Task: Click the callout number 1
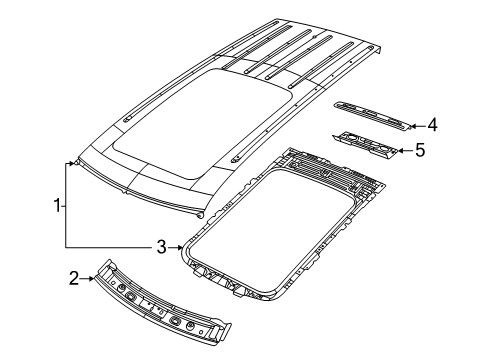(57, 206)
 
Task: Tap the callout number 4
(432, 126)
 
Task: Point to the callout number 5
(420, 152)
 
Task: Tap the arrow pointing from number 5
(404, 152)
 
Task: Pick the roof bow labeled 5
(370, 145)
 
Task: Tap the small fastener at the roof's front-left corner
(76, 161)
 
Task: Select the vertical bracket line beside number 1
(67, 205)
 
